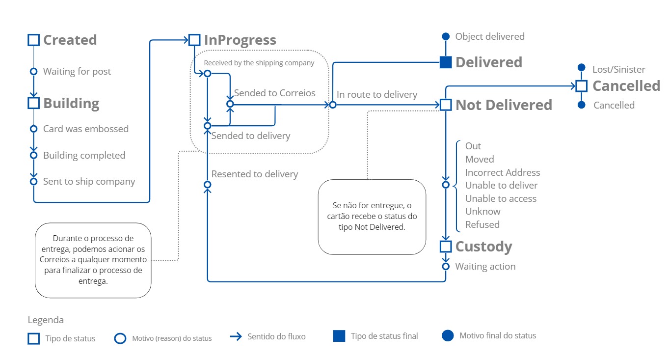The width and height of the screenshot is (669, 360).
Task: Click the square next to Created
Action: (x=33, y=40)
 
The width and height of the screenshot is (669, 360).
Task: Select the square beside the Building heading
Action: (x=33, y=103)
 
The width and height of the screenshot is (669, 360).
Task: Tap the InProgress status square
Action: (x=194, y=40)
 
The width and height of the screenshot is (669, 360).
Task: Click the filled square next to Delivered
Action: (x=445, y=62)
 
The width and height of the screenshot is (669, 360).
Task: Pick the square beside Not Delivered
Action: (x=445, y=105)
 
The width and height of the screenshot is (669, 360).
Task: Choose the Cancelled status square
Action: (x=582, y=86)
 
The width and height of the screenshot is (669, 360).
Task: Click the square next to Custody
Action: (x=445, y=246)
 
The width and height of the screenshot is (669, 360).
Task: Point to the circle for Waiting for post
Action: (x=33, y=71)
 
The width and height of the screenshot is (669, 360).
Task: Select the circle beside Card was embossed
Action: (x=33, y=129)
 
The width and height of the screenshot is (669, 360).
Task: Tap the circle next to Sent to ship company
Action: (x=33, y=181)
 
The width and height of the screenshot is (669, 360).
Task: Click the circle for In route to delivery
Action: (x=332, y=105)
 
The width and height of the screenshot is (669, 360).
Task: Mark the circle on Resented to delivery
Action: (x=207, y=185)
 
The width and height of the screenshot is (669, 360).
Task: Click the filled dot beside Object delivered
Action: (x=445, y=36)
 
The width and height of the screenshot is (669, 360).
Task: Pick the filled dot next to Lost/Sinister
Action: (x=582, y=67)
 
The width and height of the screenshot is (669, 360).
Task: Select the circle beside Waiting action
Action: (x=445, y=266)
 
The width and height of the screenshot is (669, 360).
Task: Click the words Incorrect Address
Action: (x=502, y=172)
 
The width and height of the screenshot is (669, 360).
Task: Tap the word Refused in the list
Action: (x=482, y=224)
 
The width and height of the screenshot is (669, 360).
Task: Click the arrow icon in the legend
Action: (x=236, y=337)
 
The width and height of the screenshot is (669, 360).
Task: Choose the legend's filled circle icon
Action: (x=448, y=336)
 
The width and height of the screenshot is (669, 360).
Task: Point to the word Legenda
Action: (x=46, y=320)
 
